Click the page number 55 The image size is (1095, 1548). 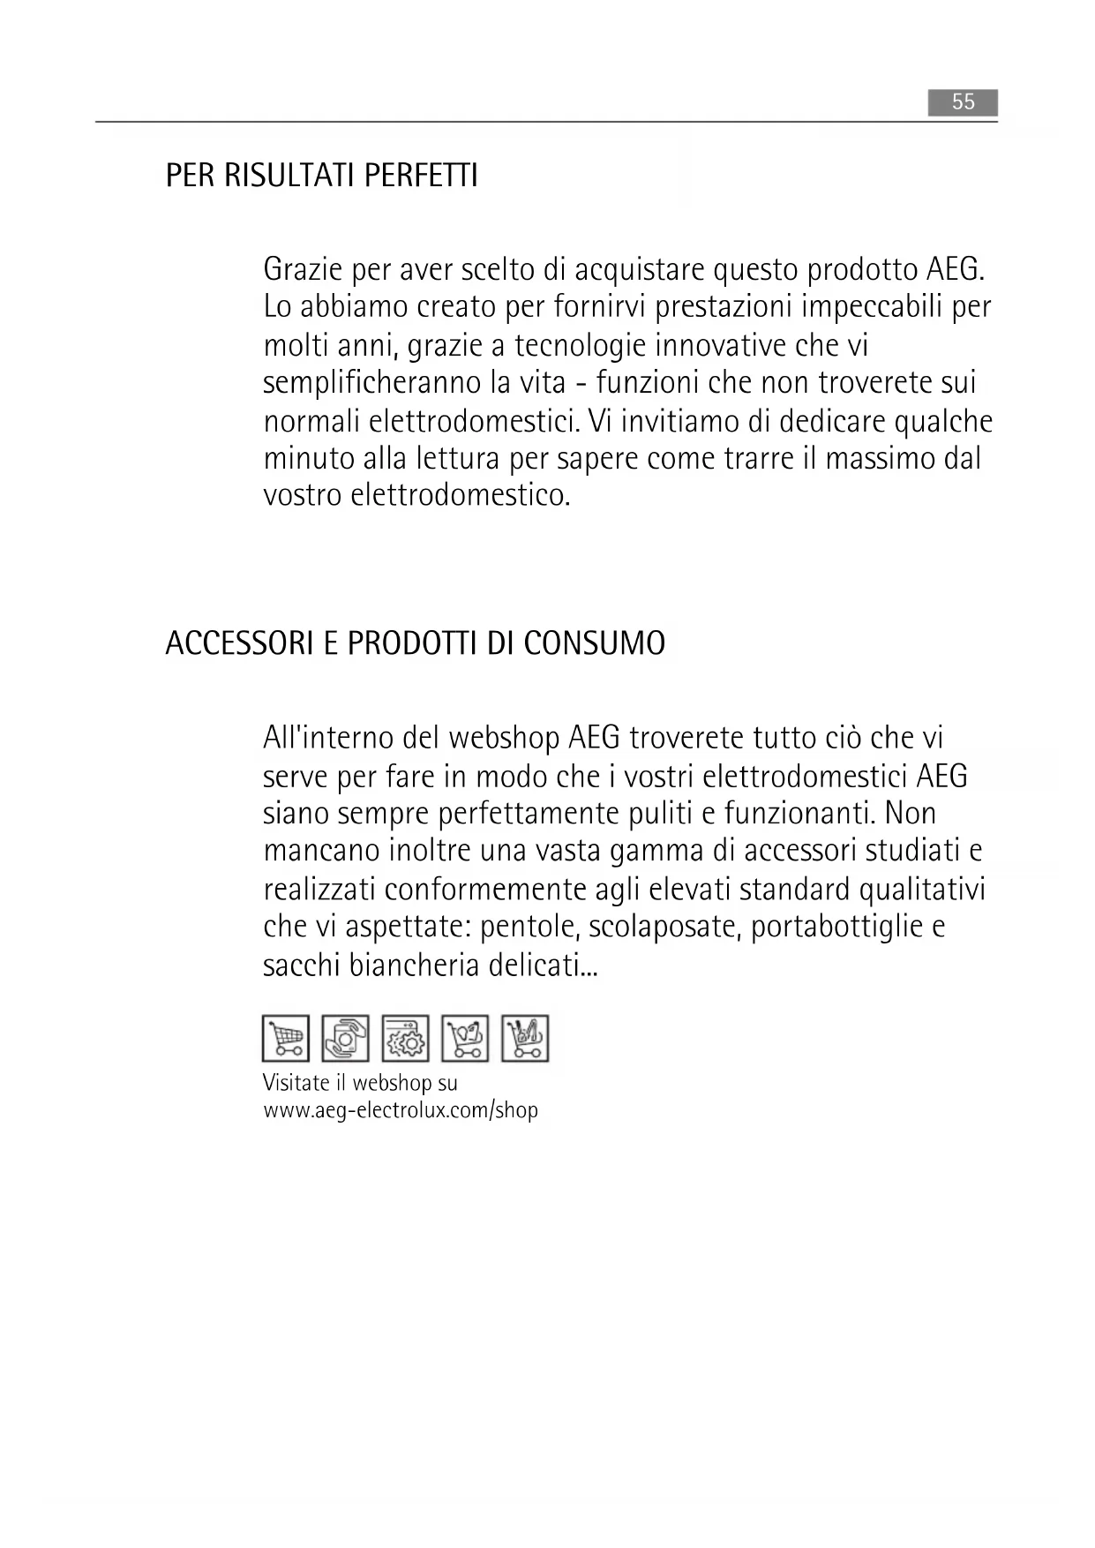click(x=963, y=102)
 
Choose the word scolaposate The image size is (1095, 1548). click(x=662, y=928)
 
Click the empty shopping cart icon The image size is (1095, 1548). click(x=286, y=1038)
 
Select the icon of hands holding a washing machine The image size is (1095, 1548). click(x=345, y=1038)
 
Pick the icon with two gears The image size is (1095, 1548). click(x=405, y=1038)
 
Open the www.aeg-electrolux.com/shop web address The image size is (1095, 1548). click(x=401, y=1110)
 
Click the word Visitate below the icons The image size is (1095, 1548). click(x=296, y=1083)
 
